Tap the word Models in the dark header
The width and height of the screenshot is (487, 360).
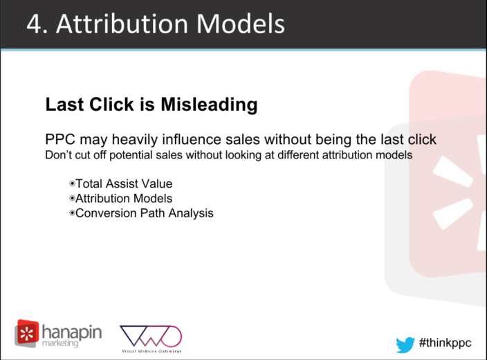pos(241,24)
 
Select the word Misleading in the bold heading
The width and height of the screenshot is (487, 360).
pos(209,105)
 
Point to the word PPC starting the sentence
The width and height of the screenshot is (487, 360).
pos(60,139)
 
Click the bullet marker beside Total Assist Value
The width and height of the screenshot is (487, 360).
pos(72,183)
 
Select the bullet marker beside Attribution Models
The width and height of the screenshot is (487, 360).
pos(72,198)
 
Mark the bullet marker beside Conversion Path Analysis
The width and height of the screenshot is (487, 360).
pos(72,213)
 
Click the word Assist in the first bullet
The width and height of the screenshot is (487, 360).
pos(122,183)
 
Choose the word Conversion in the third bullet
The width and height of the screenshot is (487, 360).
pos(106,213)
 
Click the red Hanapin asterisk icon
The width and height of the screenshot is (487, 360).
pos(27,333)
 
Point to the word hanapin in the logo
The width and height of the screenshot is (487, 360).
pos(72,332)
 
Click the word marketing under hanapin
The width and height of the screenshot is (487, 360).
pos(60,343)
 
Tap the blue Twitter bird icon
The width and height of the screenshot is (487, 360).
pos(405,345)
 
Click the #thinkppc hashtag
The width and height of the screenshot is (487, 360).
pos(445,343)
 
